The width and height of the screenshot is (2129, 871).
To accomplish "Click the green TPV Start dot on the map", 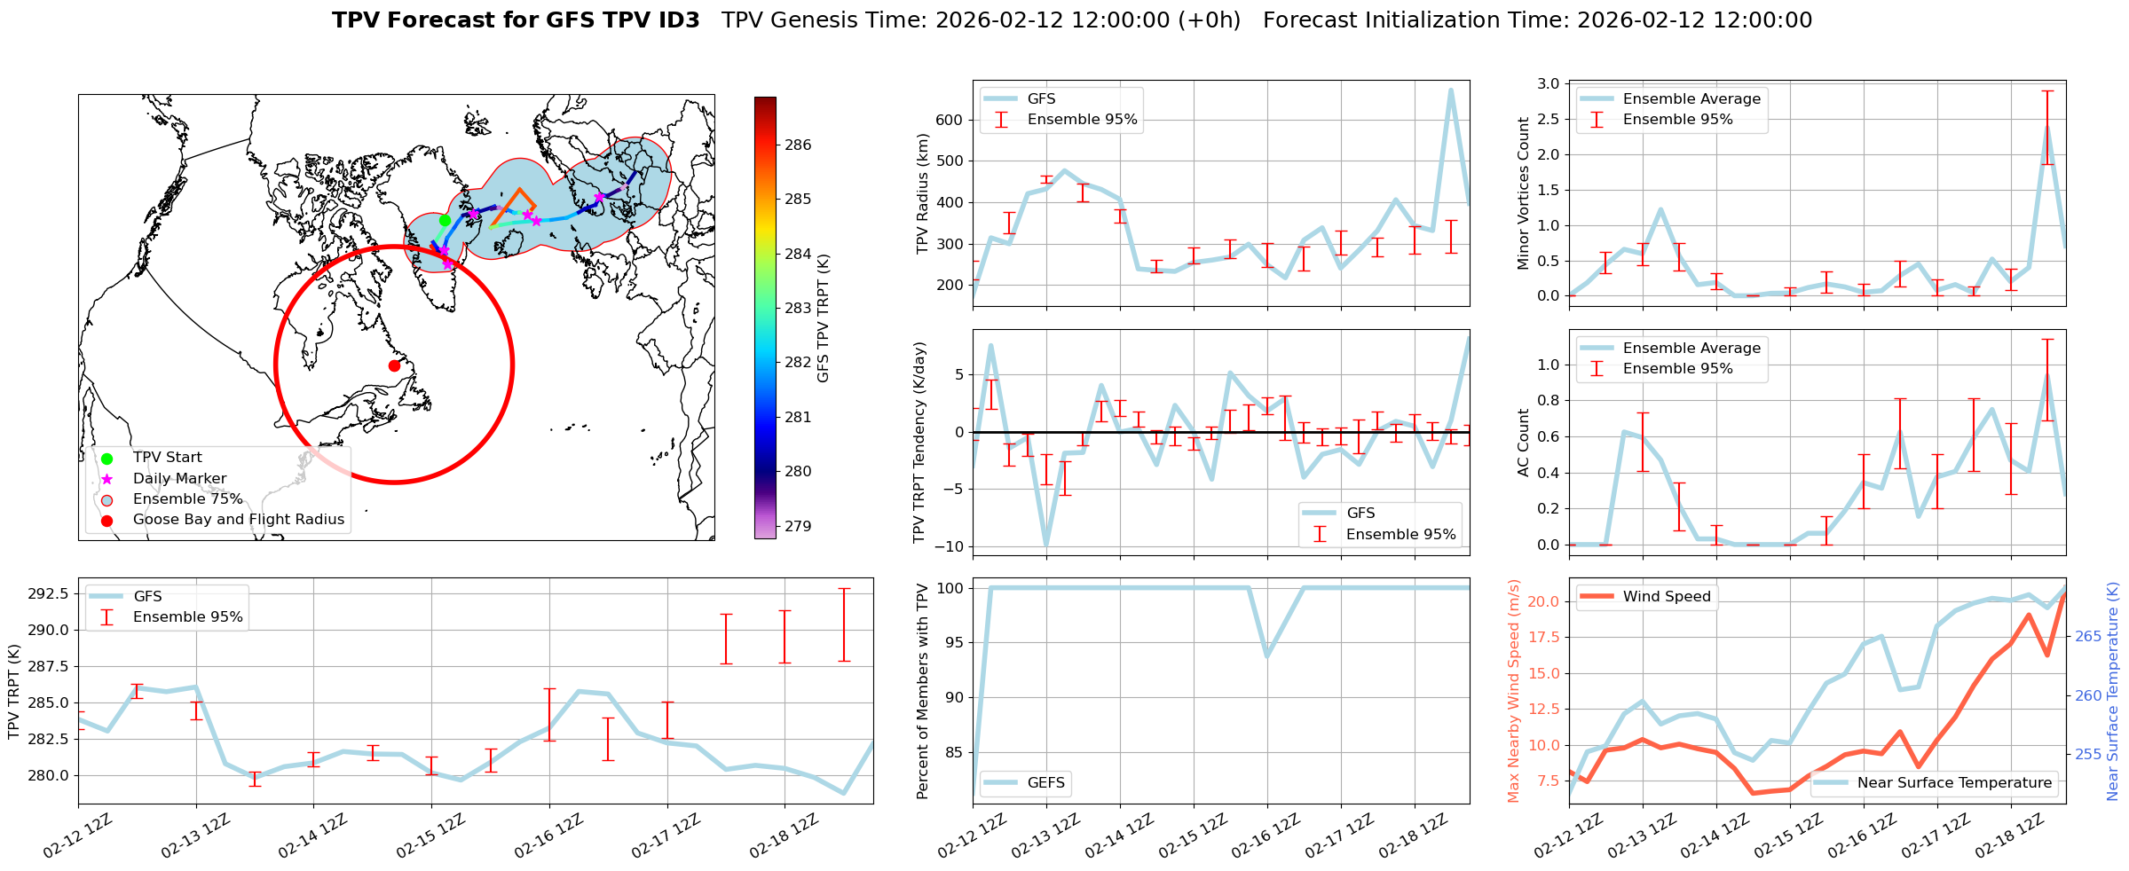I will click(x=445, y=221).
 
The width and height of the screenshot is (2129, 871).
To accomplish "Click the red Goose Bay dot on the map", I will click(x=394, y=365).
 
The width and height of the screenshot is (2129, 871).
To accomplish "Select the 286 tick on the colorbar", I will click(x=798, y=145).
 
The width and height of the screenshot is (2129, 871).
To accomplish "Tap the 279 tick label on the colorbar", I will click(x=798, y=526).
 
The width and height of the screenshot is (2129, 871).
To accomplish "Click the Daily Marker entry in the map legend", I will click(x=179, y=478).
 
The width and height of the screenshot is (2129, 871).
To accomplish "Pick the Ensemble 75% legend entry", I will click(x=187, y=498).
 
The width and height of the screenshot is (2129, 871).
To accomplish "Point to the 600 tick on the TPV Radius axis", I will click(x=950, y=120).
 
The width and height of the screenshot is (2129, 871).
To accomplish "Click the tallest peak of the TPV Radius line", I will click(x=1451, y=90).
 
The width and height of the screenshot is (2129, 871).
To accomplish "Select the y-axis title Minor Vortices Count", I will click(x=1524, y=193).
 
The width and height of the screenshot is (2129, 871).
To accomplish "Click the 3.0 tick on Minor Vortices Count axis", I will click(x=1548, y=83).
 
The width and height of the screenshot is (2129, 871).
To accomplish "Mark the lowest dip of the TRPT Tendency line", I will click(x=1046, y=545).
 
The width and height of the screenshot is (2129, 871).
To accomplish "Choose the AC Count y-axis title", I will click(x=1524, y=443).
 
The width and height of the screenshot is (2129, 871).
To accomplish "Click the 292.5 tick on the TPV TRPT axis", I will click(x=51, y=593).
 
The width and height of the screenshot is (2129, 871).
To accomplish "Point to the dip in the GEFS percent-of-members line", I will click(x=1266, y=655).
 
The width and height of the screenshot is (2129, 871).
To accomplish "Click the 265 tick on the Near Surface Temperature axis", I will click(x=2087, y=636).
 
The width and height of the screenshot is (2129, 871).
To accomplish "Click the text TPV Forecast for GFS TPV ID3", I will click(x=516, y=20).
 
